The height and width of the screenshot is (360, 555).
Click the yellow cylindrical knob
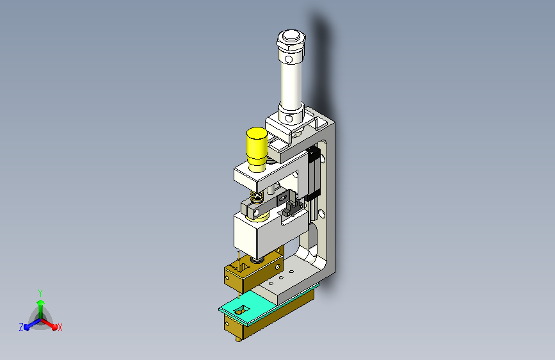tap(257, 149)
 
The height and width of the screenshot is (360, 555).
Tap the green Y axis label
tap(40, 293)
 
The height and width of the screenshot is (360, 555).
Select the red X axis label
tap(60, 327)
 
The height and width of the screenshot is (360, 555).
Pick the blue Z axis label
tap(21, 327)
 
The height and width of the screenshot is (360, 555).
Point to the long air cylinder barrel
tap(292, 81)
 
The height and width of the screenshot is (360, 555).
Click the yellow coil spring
tap(257, 197)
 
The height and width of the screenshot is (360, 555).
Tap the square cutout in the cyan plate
tap(241, 310)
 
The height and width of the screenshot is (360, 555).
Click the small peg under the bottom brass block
tap(239, 339)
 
